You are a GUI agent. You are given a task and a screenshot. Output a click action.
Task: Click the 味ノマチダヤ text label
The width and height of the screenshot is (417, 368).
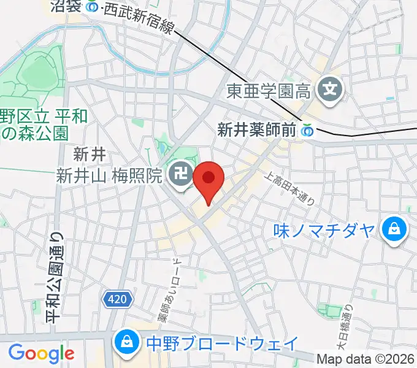(324, 231)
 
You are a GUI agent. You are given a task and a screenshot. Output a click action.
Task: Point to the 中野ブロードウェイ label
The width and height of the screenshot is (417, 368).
(222, 342)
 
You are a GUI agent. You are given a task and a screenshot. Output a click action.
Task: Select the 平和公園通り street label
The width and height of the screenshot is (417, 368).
(54, 276)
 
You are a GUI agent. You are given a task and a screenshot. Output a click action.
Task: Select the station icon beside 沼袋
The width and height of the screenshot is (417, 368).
(92, 7)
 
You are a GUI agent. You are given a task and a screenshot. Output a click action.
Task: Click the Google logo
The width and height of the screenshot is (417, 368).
(41, 353)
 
